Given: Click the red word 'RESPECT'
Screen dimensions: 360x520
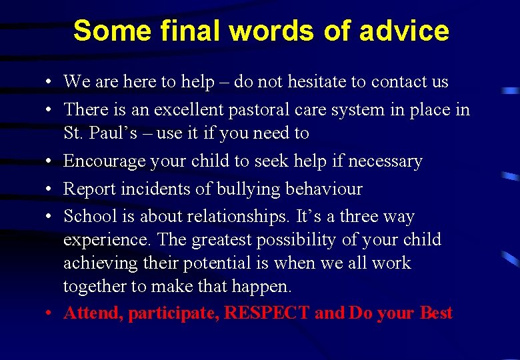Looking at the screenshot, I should point(267,313).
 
